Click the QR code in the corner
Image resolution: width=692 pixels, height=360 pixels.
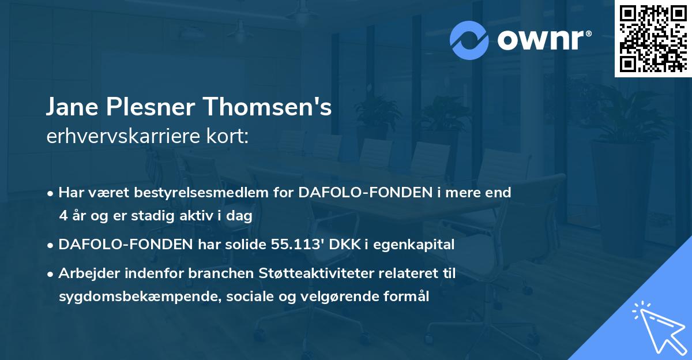click(653, 38)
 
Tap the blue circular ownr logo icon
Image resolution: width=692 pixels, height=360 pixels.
click(469, 40)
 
